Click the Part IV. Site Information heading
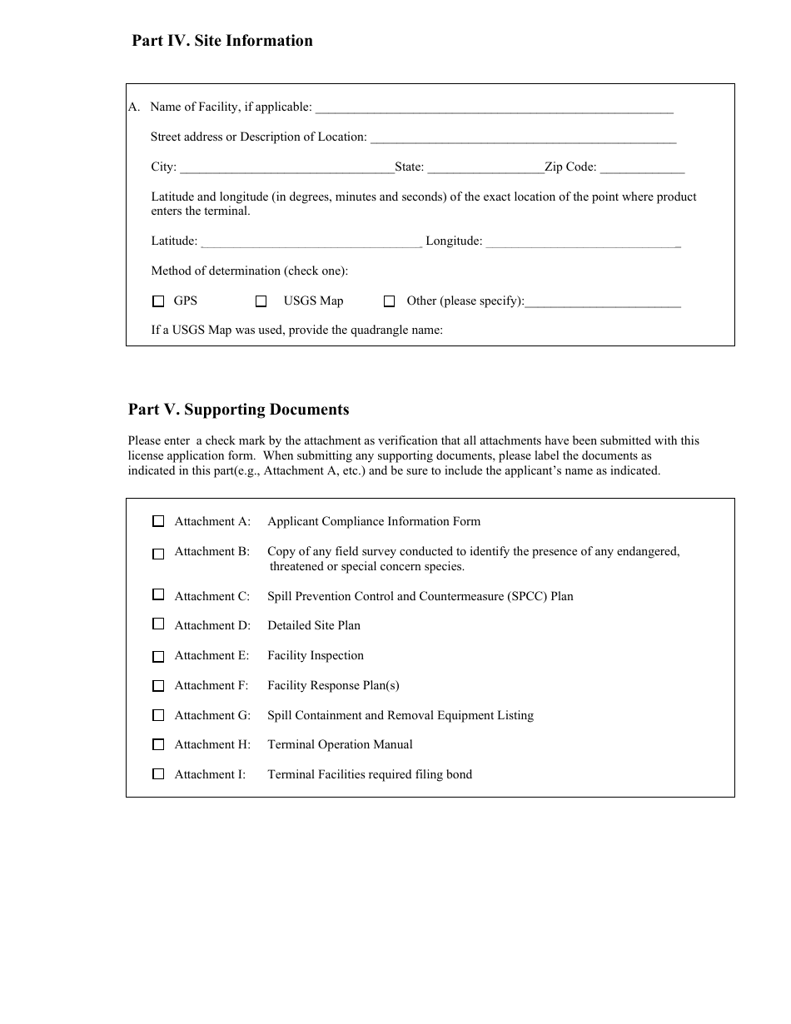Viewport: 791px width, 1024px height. click(x=221, y=41)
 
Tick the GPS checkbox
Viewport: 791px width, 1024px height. click(x=158, y=301)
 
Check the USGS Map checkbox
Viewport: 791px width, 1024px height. click(x=261, y=301)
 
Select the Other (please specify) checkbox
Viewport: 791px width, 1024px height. click(x=389, y=301)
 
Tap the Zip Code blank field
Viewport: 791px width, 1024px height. click(x=642, y=167)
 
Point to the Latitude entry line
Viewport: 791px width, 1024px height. click(x=311, y=241)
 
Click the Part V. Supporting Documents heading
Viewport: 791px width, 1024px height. click(x=238, y=410)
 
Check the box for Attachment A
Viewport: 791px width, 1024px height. click(x=158, y=521)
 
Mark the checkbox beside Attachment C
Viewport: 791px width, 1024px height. click(x=158, y=594)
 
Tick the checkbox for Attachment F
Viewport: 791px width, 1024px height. click(x=158, y=686)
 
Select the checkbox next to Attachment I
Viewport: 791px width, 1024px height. click(x=158, y=774)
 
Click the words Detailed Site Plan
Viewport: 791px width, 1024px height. click(x=314, y=625)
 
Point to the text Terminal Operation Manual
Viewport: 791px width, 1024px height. click(x=340, y=744)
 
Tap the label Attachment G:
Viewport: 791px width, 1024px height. click(x=212, y=715)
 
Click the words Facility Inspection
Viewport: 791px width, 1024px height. click(x=316, y=655)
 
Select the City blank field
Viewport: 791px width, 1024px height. click(x=286, y=167)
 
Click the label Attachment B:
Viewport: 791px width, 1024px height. click(x=211, y=551)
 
